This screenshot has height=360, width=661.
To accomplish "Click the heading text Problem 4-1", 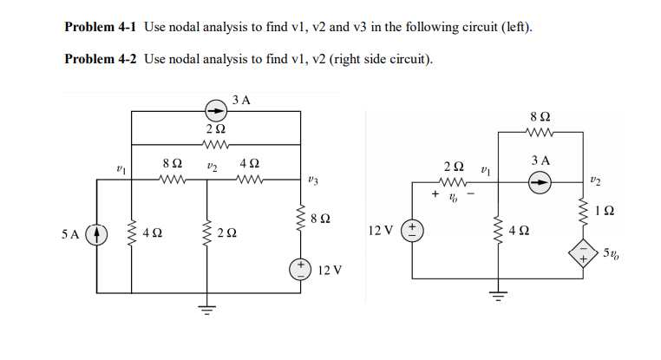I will (101, 27).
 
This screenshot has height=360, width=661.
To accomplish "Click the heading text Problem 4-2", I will (101, 59).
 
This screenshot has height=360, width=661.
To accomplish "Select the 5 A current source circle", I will (97, 235).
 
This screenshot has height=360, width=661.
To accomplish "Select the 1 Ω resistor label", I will (609, 211).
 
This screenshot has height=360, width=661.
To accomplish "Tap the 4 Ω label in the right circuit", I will (520, 231).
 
